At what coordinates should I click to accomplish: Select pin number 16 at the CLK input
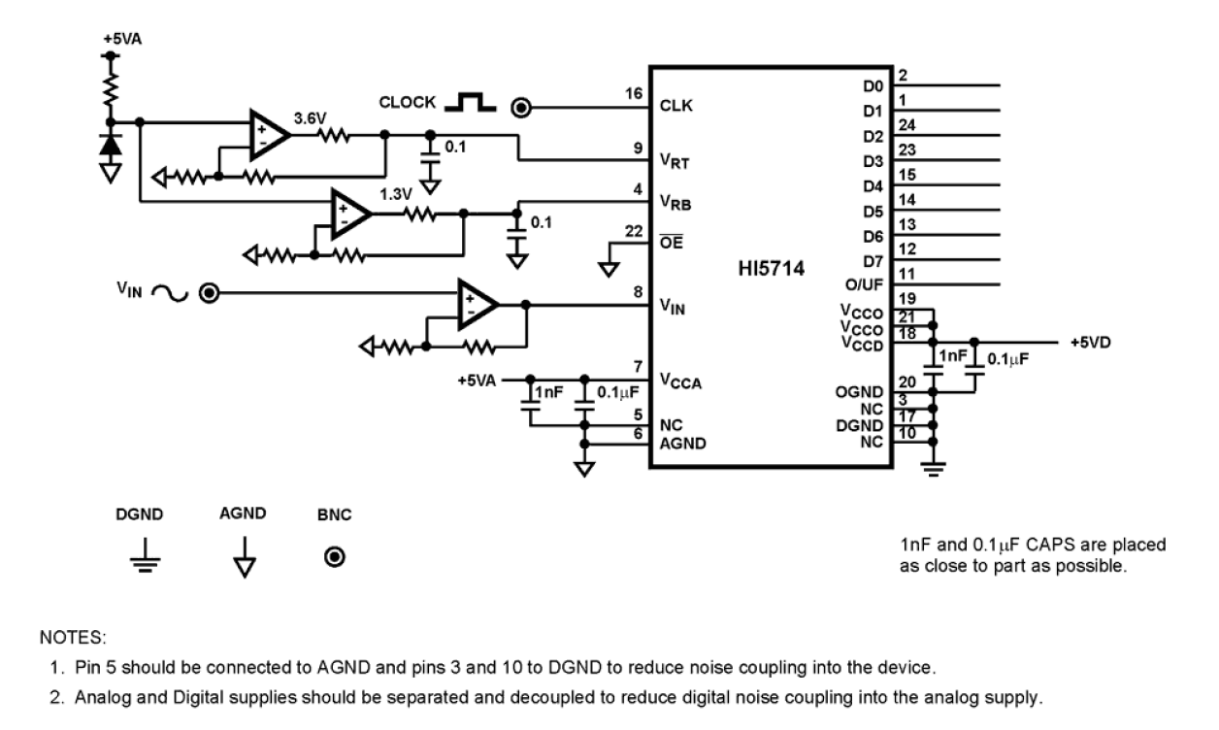635,93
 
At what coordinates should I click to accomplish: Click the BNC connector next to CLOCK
521,107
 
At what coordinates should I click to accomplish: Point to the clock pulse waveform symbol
470,102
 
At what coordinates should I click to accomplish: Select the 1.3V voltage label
394,195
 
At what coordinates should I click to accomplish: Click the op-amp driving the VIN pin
478,304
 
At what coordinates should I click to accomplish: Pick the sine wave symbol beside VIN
167,293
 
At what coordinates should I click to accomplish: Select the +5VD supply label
1092,342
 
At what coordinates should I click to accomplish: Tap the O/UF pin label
864,284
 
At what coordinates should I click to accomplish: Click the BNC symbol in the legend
335,556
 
